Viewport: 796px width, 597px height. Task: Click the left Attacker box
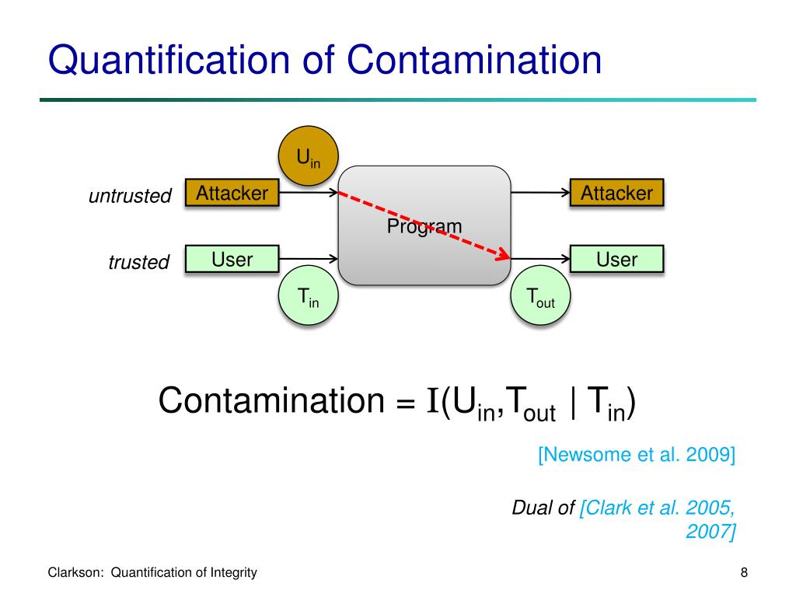pyautogui.click(x=232, y=194)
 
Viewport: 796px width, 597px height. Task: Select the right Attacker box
pyautogui.click(x=617, y=194)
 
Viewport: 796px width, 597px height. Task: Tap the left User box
pyautogui.click(x=232, y=260)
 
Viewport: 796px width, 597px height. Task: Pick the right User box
pyautogui.click(x=617, y=260)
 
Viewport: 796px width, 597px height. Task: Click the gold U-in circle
pyautogui.click(x=308, y=155)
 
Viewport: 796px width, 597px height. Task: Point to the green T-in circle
pyautogui.click(x=308, y=297)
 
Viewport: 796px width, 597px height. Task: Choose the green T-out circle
pyautogui.click(x=540, y=297)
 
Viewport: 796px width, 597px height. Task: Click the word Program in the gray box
pyautogui.click(x=424, y=226)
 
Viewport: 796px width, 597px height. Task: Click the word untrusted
pyautogui.click(x=130, y=197)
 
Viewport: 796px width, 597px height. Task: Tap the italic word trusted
pyautogui.click(x=139, y=263)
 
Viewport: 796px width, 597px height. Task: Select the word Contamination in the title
pyautogui.click(x=475, y=61)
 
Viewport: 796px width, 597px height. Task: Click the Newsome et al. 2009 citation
pyautogui.click(x=636, y=455)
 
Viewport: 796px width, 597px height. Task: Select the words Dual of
pyautogui.click(x=543, y=508)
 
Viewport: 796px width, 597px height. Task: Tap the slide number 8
pyautogui.click(x=744, y=573)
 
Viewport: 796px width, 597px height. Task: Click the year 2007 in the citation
pyautogui.click(x=710, y=532)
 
